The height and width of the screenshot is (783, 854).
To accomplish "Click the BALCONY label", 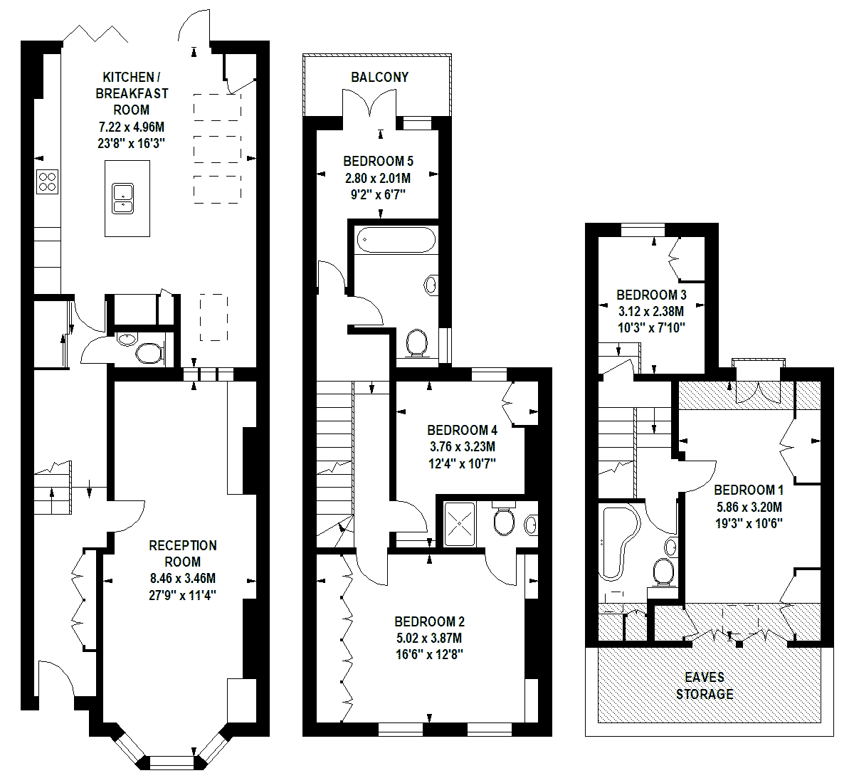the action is (x=380, y=77).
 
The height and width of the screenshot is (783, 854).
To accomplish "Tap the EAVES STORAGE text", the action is (x=705, y=685).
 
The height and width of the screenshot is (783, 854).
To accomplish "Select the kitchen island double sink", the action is (x=122, y=199).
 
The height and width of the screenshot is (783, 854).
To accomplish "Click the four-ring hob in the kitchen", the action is (x=47, y=182).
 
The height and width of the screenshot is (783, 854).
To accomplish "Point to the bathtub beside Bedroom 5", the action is (x=396, y=239).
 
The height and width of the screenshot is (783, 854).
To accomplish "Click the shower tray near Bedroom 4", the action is (x=459, y=524).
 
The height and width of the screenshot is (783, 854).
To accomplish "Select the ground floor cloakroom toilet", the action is (x=149, y=353).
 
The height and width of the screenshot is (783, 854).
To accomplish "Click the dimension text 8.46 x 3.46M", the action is (x=183, y=578).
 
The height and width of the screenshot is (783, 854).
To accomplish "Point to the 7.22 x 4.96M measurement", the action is (x=132, y=127).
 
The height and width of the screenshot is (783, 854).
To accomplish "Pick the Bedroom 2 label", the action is (x=430, y=621).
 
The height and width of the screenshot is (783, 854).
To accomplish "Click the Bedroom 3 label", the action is (x=651, y=295).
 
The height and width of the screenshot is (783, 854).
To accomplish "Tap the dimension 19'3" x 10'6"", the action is (x=749, y=524).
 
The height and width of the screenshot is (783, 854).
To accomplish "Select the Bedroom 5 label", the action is (x=379, y=161).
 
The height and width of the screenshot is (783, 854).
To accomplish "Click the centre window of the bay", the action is (x=172, y=762).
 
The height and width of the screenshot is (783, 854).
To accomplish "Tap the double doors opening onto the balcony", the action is (x=369, y=103).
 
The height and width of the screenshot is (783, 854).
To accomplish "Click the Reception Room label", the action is (x=183, y=554).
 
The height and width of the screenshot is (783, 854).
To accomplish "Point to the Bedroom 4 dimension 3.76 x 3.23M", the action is (x=463, y=446).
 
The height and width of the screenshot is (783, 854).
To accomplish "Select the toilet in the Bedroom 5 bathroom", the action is (x=417, y=343).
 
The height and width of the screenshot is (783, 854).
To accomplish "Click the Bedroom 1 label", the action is (x=749, y=490).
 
